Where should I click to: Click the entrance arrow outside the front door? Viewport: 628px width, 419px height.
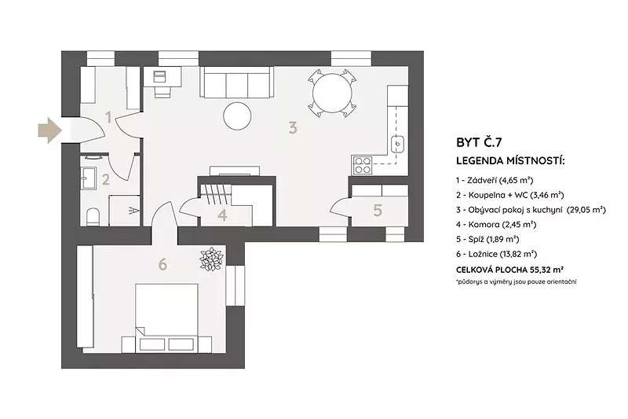49,130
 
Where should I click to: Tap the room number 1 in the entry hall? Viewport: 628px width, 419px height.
108,117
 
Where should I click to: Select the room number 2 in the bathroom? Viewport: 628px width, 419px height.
105,179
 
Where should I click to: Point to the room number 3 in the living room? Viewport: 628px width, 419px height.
293,128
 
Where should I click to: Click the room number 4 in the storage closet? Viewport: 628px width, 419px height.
223,215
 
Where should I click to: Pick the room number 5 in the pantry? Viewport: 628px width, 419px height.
378,211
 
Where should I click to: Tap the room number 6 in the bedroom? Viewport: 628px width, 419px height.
162,265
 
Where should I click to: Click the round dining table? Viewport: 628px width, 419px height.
332,94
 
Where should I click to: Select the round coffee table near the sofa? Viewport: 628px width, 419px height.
238,116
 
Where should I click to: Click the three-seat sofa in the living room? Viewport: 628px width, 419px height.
237,83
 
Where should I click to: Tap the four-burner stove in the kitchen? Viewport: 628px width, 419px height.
362,165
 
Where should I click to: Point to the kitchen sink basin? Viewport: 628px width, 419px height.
397,144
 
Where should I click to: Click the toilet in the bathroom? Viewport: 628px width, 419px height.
93,216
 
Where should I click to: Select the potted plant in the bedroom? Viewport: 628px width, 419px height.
211,259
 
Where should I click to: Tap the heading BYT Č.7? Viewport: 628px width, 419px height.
479,142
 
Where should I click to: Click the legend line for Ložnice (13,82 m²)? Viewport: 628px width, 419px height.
497,254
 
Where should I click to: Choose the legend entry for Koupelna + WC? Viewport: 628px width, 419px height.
509,195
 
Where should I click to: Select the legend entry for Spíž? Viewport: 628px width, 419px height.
487,239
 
